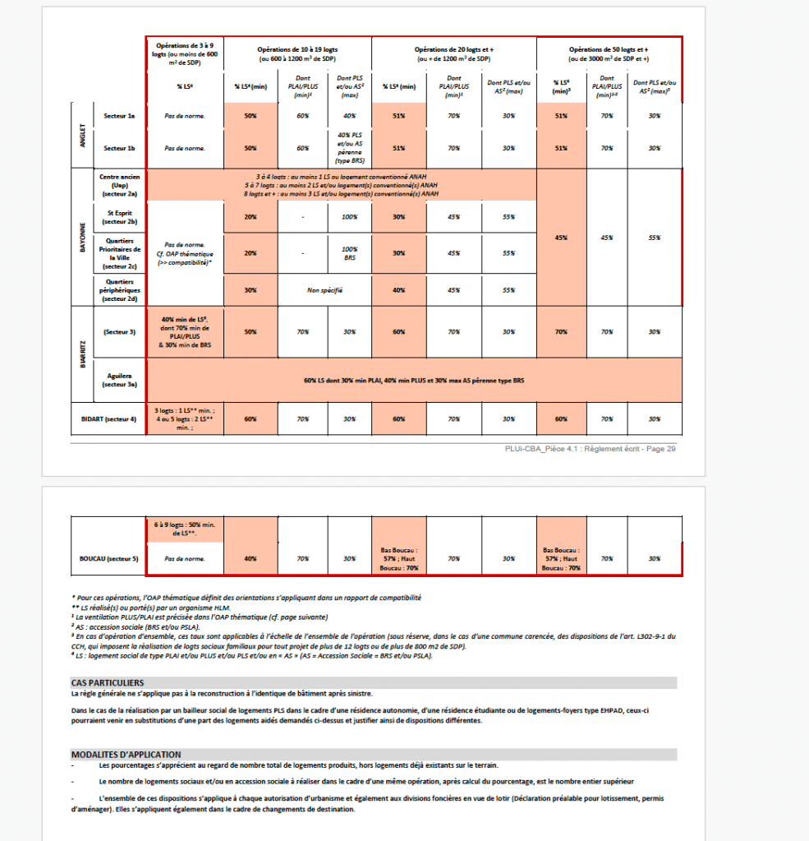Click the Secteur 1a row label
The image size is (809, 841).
pos(119,116)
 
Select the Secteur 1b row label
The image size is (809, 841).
pos(119,148)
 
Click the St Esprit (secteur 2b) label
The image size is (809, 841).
pos(119,218)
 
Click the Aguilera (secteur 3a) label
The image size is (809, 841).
pos(119,379)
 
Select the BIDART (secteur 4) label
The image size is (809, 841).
pos(108,418)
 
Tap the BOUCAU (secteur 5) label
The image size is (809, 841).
pos(108,559)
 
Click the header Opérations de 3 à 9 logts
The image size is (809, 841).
pos(185,53)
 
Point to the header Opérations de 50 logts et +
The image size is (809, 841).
pos(609,53)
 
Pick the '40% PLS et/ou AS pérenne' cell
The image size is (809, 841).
pos(349,148)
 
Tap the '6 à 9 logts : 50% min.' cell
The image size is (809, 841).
pos(185,529)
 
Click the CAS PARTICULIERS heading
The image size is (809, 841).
pos(108,682)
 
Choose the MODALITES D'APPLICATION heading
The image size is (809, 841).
pos(126,754)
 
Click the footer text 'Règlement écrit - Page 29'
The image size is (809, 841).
pos(625,448)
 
